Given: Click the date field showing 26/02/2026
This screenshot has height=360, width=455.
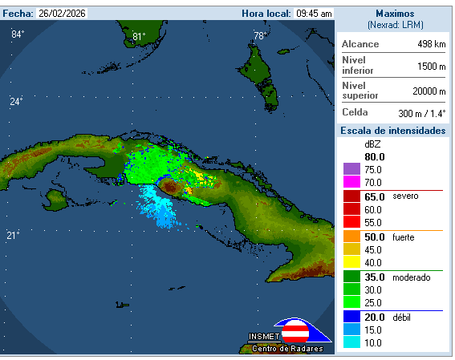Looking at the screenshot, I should (x=63, y=14).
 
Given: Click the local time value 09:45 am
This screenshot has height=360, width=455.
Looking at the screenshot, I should (x=314, y=14).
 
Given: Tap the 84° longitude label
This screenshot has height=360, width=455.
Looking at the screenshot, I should (x=18, y=34).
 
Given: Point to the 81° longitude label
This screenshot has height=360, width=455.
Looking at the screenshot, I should (x=139, y=36).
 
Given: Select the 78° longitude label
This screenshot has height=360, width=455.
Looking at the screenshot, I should (x=259, y=36).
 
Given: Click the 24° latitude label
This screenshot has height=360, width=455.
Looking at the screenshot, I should (x=16, y=101).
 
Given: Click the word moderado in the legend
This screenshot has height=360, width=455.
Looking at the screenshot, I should (x=412, y=277).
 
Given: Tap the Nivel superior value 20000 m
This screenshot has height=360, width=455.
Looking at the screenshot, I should (x=429, y=91).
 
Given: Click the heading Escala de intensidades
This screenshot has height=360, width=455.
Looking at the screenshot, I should (x=393, y=131).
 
